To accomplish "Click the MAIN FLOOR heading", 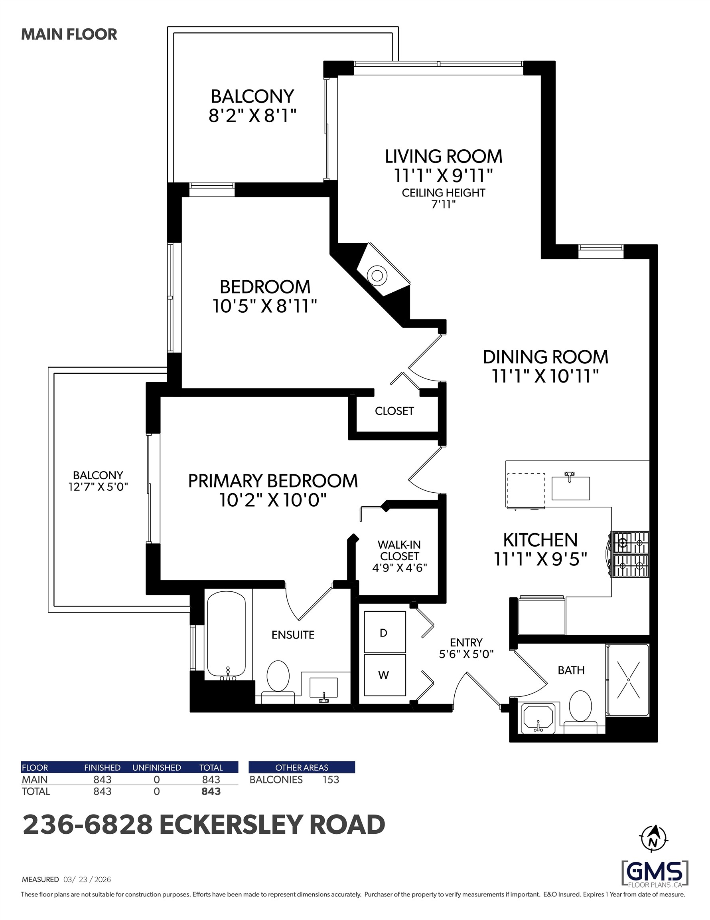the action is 69,35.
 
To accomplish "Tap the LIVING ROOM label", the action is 444,156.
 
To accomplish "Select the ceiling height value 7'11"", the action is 444,204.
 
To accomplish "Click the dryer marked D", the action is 385,632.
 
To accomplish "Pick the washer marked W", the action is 385,675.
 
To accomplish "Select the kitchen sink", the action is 571,488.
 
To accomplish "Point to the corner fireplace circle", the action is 377,276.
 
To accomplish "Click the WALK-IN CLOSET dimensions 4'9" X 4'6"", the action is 399,568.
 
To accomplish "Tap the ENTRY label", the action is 466,642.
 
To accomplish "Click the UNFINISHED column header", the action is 157,767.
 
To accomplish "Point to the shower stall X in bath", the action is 628,680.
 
